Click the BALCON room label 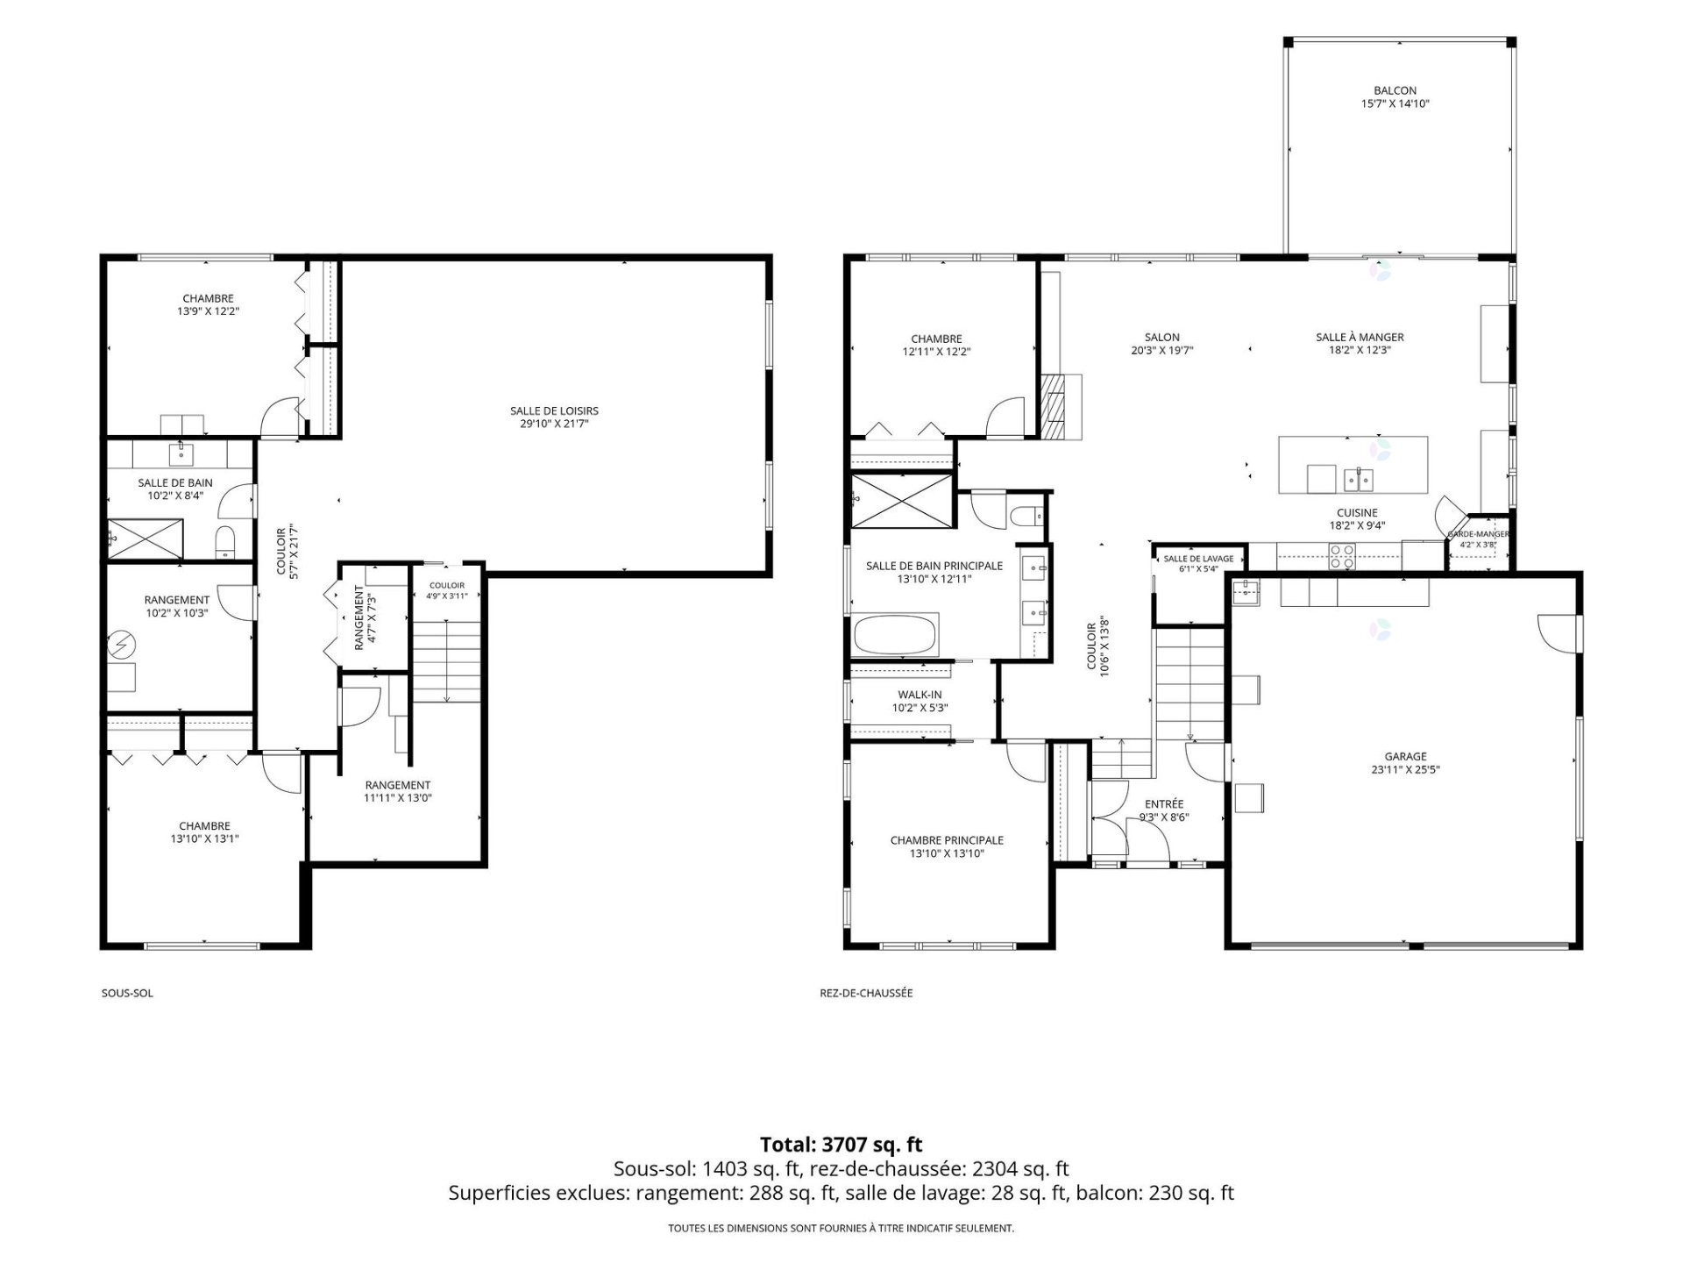[1395, 90]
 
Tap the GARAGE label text [1405, 756]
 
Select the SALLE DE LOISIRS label [554, 410]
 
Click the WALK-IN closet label [920, 695]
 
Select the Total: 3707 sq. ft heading [841, 1144]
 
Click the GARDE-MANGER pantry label [1478, 533]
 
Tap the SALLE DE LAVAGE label [1198, 559]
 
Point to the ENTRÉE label [1164, 804]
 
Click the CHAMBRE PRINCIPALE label [947, 840]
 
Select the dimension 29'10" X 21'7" [554, 424]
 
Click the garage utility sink [1246, 593]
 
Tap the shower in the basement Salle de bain [146, 539]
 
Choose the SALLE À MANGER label [1360, 337]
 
